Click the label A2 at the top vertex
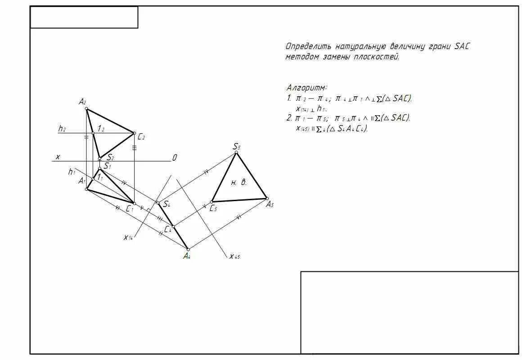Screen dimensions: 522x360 [82, 102]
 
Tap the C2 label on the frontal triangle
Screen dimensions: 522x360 [141, 136]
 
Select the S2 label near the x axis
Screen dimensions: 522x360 [110, 157]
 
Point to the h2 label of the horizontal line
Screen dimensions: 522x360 [62, 129]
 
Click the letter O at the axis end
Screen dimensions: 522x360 [175, 157]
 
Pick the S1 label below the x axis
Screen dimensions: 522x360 [107, 166]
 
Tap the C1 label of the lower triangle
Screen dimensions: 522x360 [130, 209]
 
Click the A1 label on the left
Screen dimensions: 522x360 [81, 181]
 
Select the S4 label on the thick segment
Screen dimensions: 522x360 [166, 204]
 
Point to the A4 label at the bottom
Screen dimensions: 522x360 [187, 256]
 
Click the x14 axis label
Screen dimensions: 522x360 [128, 237]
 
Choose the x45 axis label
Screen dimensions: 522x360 [234, 256]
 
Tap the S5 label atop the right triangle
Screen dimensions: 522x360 [237, 147]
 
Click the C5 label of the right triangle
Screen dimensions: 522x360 [214, 208]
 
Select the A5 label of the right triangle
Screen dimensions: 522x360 [270, 205]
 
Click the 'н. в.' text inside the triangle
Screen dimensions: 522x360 [239, 182]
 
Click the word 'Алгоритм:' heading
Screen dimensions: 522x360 [307, 87]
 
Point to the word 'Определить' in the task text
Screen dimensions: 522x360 [308, 46]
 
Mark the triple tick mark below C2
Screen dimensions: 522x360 [134, 147]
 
